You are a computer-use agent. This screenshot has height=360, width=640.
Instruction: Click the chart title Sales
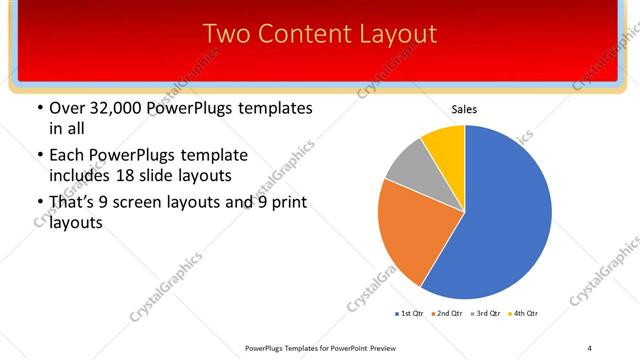click(465, 108)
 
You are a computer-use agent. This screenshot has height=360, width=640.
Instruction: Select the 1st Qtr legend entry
click(411, 314)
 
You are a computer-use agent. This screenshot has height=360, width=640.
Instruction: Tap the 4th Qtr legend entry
click(526, 314)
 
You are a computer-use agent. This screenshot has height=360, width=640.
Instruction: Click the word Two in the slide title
click(225, 34)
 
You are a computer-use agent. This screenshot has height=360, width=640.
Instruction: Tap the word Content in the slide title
click(299, 34)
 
